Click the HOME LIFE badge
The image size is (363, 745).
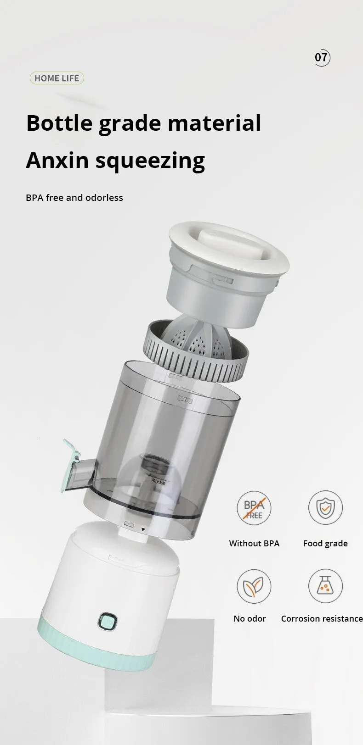click(57, 78)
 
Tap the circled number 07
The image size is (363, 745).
click(322, 57)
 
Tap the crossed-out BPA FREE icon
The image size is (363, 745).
click(254, 507)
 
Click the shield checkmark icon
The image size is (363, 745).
click(325, 507)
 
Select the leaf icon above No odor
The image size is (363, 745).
click(254, 586)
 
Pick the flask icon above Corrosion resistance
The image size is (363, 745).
click(325, 586)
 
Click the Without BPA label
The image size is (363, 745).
click(254, 544)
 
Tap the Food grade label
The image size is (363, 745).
click(325, 544)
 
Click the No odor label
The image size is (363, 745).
click(250, 619)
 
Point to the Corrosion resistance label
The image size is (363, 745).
click(322, 619)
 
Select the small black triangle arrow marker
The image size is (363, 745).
click(143, 529)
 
